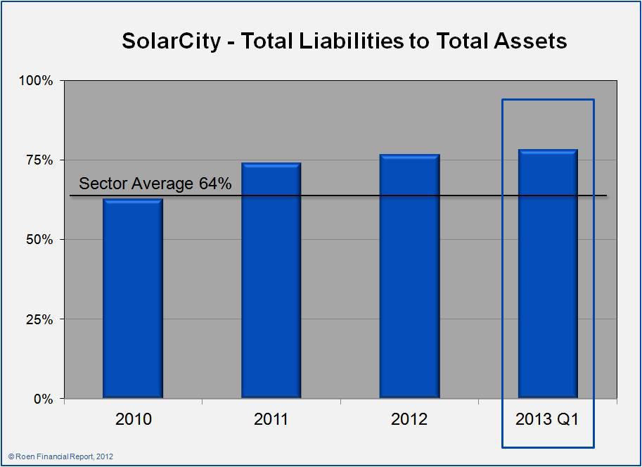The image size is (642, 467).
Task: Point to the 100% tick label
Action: pyautogui.click(x=36, y=81)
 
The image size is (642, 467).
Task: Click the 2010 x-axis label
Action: pyautogui.click(x=133, y=420)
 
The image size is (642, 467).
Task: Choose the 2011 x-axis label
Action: pyautogui.click(x=271, y=420)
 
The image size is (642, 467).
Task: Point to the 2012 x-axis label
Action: pyautogui.click(x=409, y=420)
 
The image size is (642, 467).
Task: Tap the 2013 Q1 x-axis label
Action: pyautogui.click(x=547, y=420)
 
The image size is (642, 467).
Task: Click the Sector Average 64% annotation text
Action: pyautogui.click(x=155, y=184)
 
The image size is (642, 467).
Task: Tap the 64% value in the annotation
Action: pyautogui.click(x=214, y=184)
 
